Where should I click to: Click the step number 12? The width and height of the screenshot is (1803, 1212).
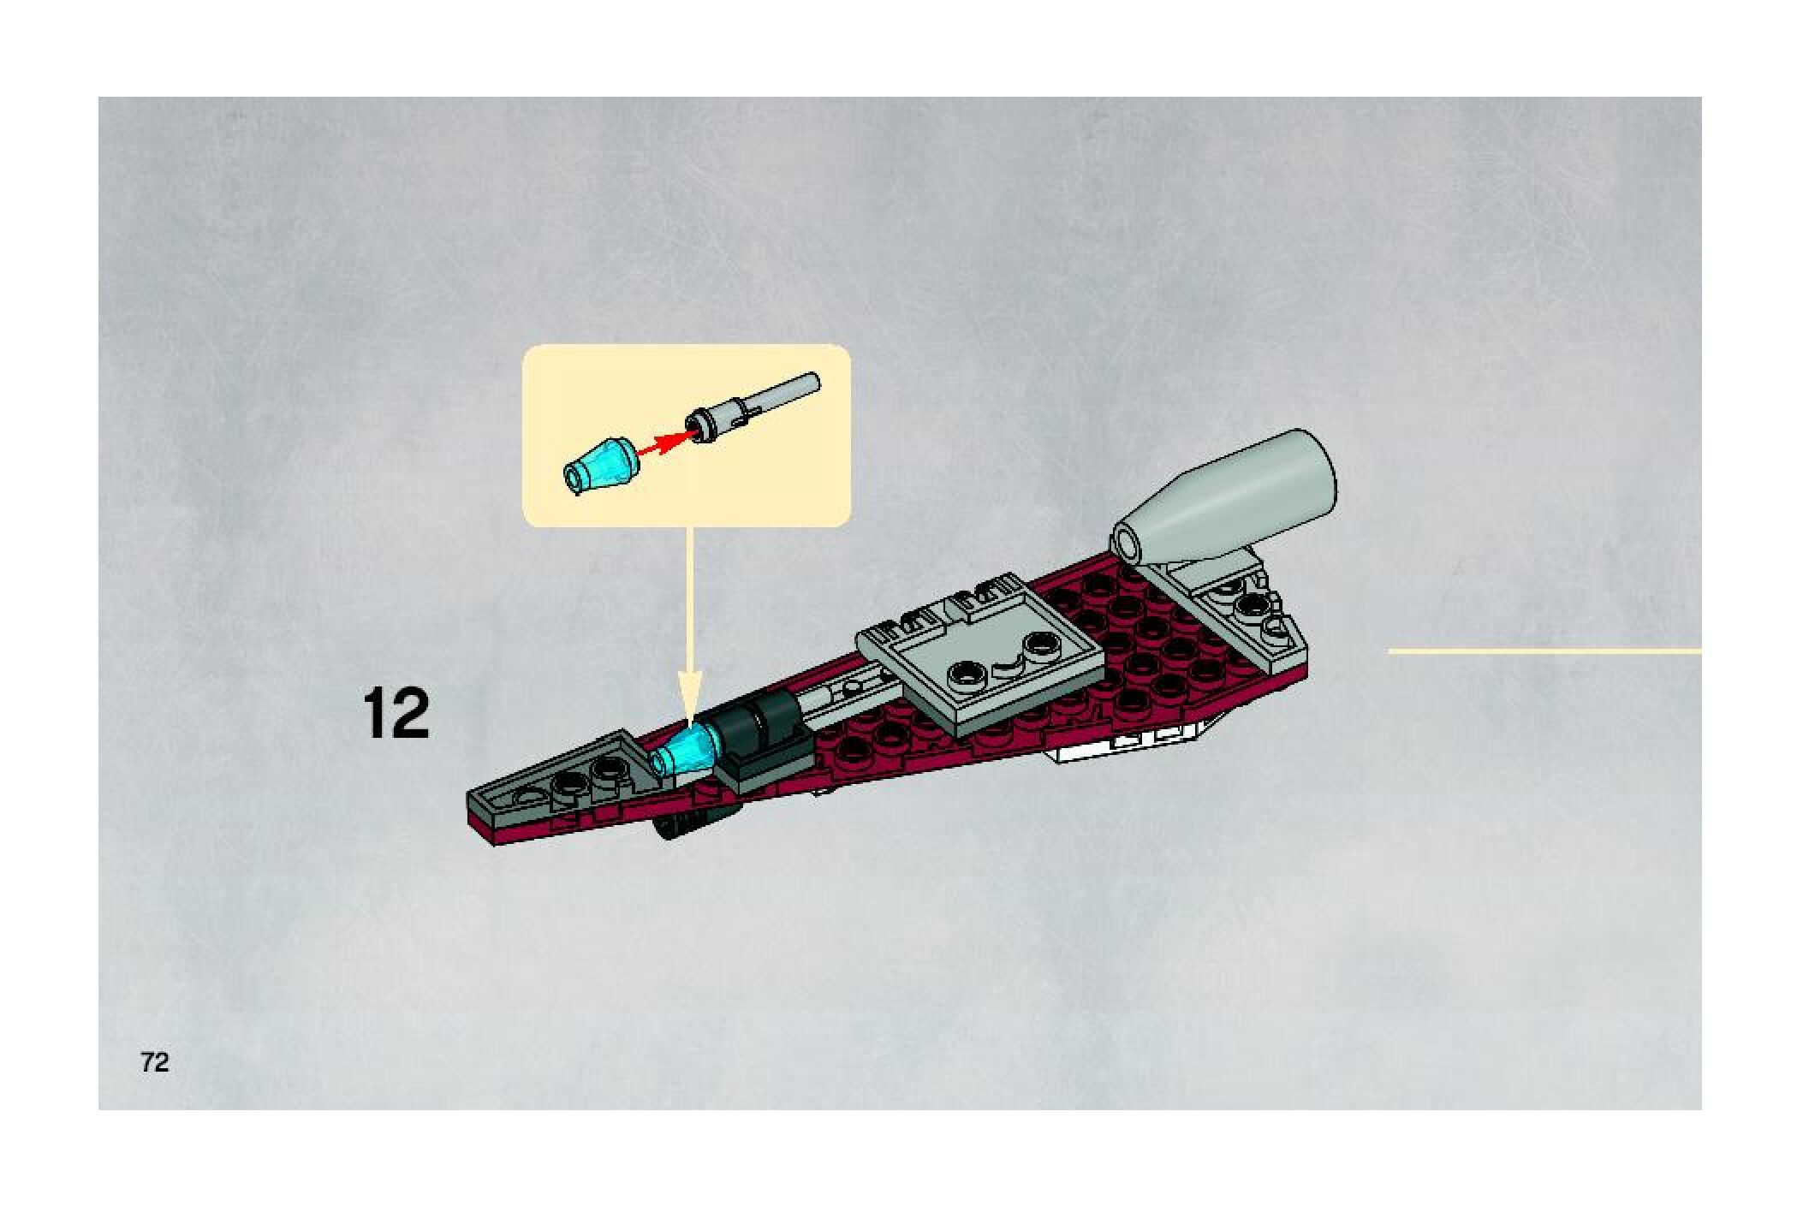point(396,714)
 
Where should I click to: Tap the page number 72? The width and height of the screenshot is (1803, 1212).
point(155,1062)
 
